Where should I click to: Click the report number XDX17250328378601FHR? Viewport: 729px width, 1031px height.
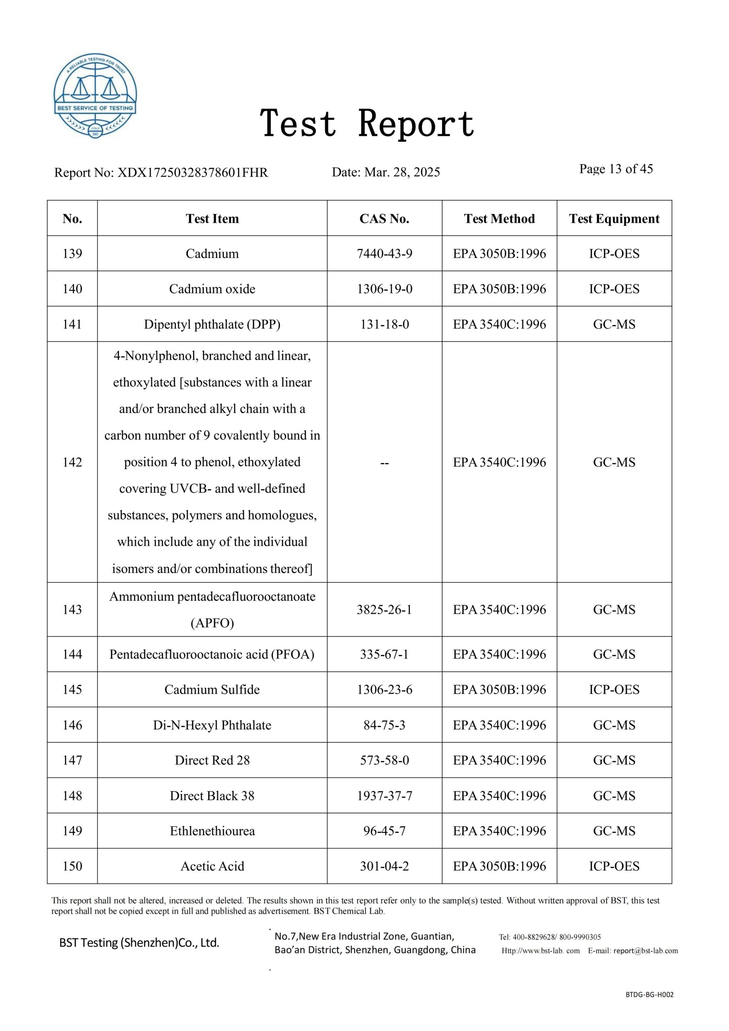(192, 172)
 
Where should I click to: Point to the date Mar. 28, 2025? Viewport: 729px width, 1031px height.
(402, 172)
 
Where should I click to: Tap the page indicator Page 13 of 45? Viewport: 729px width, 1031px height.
(616, 169)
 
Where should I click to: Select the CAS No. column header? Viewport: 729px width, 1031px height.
(384, 219)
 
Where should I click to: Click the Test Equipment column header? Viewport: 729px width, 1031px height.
(614, 219)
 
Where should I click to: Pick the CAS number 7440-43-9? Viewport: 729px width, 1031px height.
(384, 254)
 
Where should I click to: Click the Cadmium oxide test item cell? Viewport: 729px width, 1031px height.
(212, 289)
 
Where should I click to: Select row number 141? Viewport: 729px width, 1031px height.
(72, 324)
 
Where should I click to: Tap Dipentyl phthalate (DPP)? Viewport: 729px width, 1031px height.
(212, 324)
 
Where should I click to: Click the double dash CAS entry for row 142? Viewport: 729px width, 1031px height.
(384, 462)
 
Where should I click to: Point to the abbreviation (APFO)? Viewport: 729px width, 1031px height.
(212, 623)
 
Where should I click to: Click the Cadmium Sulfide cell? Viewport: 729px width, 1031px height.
(212, 689)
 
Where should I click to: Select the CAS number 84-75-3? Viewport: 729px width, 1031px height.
(384, 725)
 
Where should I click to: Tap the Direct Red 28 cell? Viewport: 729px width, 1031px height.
(212, 760)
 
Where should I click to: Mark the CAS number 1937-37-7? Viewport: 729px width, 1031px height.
(384, 796)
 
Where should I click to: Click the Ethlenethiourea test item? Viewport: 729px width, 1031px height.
(212, 831)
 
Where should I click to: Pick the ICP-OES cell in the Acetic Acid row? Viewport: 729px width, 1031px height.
(614, 866)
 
